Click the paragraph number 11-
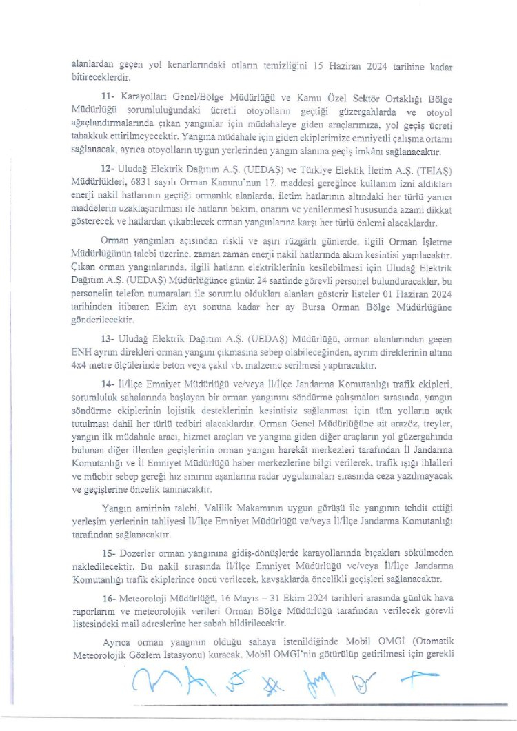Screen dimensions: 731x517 107,100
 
